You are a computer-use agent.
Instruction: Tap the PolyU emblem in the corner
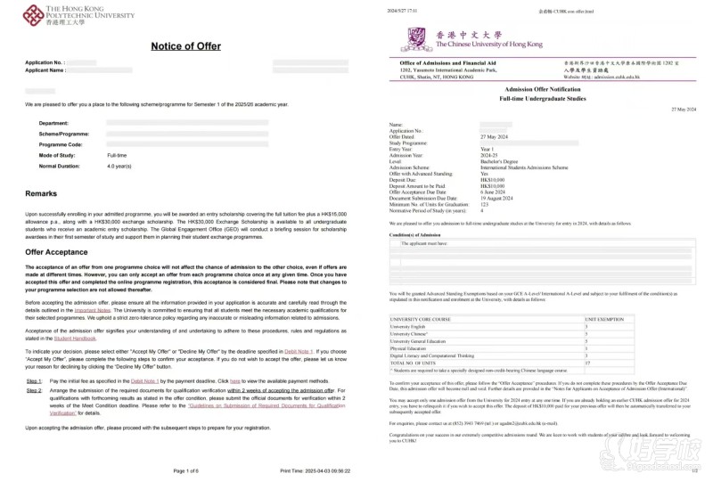pos(33,13)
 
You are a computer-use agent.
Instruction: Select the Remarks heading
pos(41,193)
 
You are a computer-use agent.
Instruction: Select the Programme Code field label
pos(61,143)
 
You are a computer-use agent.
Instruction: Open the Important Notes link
pos(91,310)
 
